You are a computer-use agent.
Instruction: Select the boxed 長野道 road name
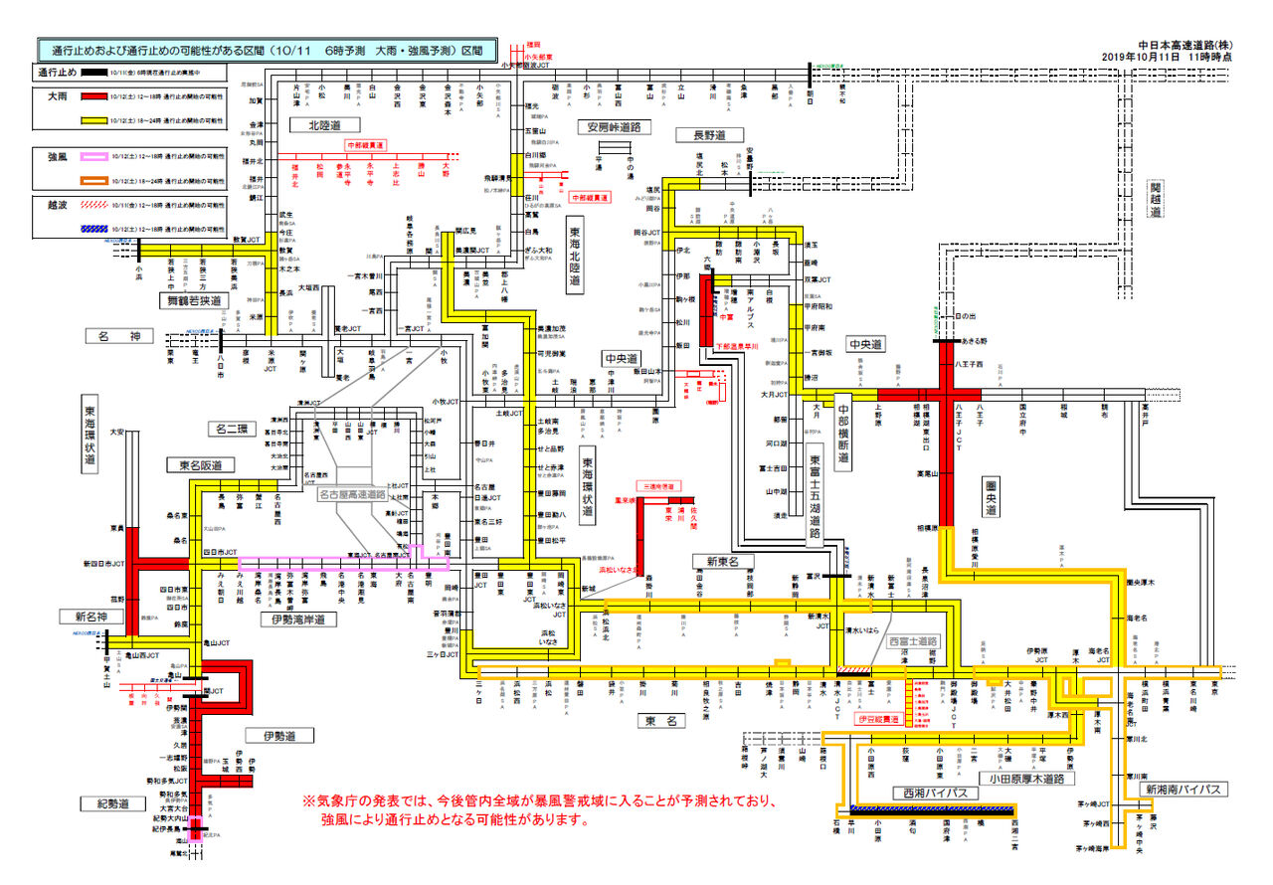[x=702, y=134]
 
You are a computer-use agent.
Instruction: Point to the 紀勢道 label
[x=103, y=802]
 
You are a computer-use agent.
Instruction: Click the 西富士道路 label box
[x=914, y=641]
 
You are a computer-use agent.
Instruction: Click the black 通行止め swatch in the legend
[x=94, y=73]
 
